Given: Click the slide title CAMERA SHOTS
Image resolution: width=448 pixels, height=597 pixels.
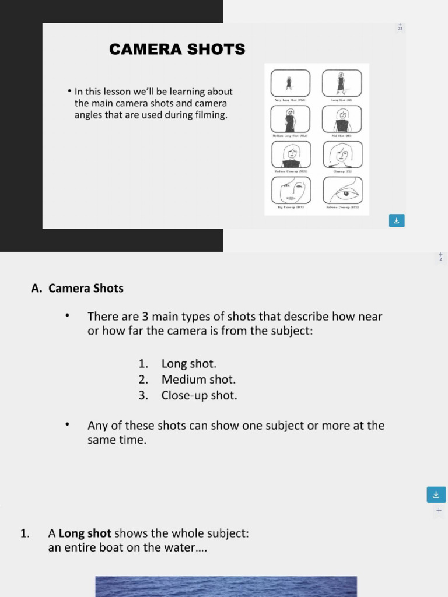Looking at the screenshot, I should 177,50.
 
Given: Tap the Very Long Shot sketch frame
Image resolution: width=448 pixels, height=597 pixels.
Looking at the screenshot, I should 290,83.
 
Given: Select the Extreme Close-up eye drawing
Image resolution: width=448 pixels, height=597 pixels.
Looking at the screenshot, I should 342,190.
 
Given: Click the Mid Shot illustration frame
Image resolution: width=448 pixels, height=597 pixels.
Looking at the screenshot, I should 342,119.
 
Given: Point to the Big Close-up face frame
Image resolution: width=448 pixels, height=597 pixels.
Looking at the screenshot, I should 290,190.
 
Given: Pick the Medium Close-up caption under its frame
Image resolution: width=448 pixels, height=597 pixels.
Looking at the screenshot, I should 290,171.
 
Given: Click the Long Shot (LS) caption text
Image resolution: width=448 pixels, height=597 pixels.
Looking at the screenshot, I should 342,100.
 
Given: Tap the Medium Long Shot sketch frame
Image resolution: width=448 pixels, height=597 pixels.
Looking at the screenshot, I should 290,119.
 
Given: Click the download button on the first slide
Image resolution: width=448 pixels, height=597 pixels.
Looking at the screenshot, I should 397,220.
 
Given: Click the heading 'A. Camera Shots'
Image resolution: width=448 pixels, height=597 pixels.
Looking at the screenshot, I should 77,288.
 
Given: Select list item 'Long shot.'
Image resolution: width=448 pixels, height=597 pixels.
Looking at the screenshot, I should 188,364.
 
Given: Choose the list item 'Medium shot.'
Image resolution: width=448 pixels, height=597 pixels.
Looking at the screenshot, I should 198,380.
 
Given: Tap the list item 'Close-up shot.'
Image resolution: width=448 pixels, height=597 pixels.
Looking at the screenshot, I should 199,395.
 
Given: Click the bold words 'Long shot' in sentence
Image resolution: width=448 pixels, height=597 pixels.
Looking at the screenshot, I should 85,533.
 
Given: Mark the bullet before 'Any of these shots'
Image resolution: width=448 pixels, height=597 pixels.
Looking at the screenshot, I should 68,425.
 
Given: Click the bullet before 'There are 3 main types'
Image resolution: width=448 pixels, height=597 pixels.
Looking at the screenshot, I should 68,316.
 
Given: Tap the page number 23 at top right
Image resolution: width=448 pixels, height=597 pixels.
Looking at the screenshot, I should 400,29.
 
